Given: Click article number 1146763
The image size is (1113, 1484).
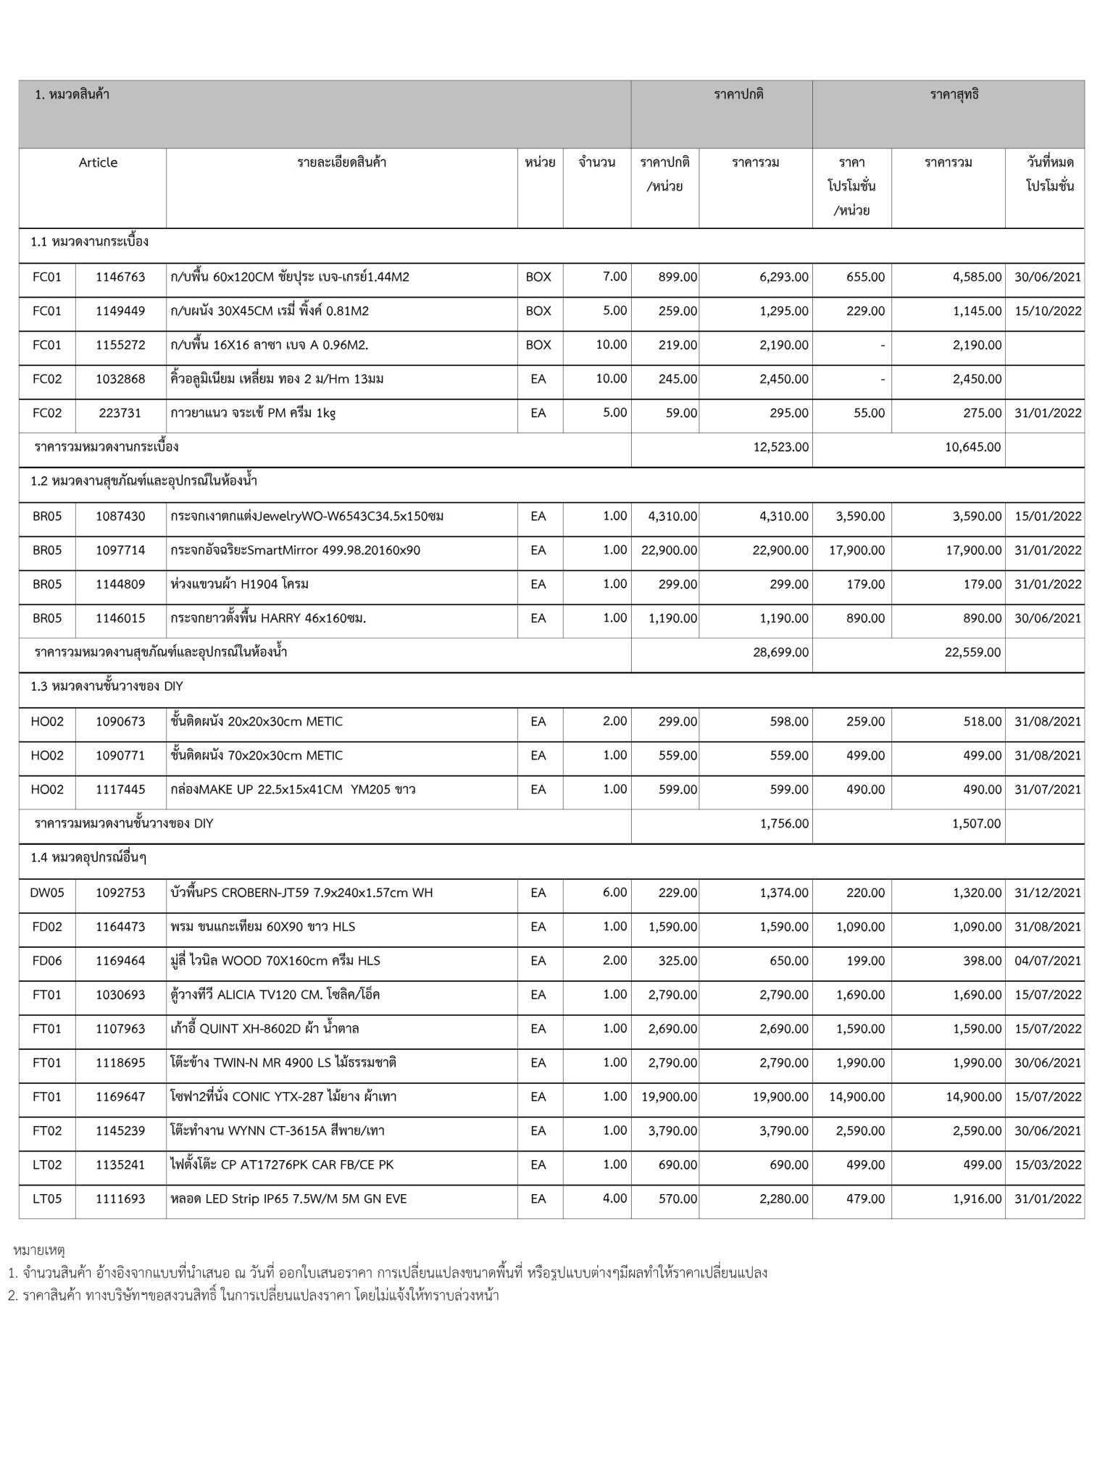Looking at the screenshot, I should point(120,277).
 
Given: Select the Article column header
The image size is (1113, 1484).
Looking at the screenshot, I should point(98,162).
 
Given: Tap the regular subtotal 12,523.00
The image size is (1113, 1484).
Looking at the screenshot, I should point(780,447).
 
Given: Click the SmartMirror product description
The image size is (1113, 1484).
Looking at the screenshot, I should point(296,550).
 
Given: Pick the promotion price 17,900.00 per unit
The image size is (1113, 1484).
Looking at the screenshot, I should point(856,550).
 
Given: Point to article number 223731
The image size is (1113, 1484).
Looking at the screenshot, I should point(120,413).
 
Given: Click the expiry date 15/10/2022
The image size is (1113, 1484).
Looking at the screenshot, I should point(1047,311).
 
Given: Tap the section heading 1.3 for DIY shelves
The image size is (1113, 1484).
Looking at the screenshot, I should point(107,686).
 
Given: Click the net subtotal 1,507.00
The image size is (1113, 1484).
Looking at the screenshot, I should point(972,823).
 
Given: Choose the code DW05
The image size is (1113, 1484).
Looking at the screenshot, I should point(47,893).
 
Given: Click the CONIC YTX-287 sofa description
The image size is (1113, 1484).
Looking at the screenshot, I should point(283,1096).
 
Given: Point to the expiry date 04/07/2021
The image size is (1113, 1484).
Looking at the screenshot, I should point(1047,961).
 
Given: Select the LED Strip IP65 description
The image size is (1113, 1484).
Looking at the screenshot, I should point(288,1199).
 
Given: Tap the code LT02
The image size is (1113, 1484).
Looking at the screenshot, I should point(47,1164).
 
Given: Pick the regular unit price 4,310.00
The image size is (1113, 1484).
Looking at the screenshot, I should point(669,516).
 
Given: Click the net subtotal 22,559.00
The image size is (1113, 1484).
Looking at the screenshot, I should point(972,652).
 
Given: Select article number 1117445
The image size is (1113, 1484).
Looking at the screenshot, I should point(120,789).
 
